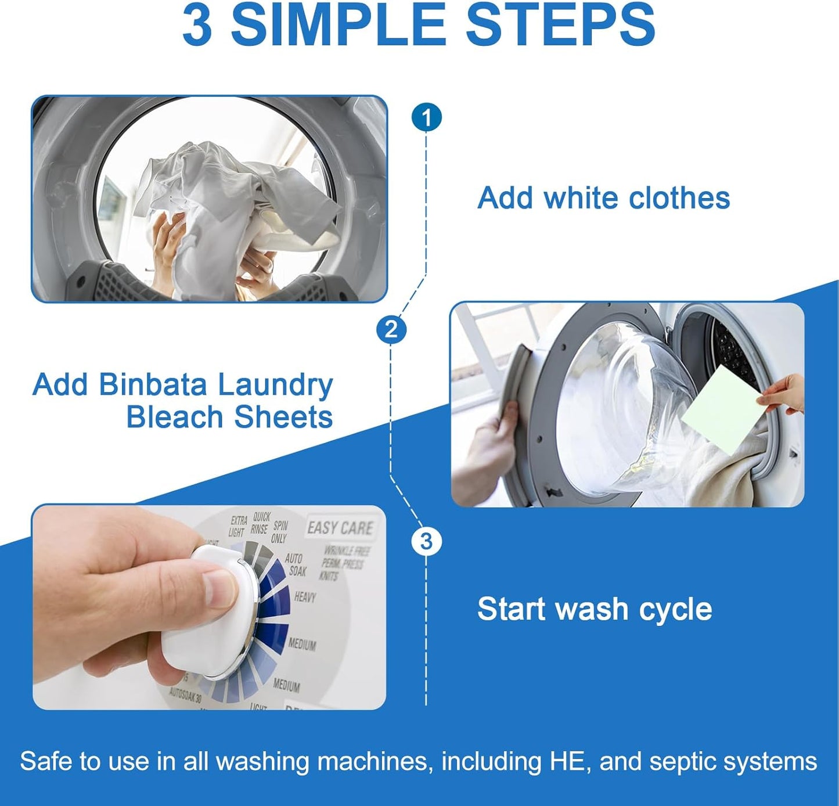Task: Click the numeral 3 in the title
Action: [197, 26]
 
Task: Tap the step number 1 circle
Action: [427, 118]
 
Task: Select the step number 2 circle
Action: [391, 330]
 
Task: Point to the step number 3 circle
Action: [426, 541]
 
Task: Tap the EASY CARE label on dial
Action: [340, 528]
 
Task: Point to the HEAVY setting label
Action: [305, 596]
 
